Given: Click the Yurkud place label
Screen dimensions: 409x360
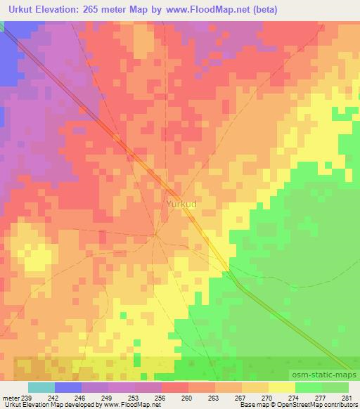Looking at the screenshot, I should pos(181,204).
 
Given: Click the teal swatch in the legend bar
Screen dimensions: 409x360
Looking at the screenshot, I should pos(41,387).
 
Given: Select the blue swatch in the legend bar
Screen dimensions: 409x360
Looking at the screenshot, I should pos(68,387).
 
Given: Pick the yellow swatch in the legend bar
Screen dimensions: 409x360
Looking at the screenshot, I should pos(282,387).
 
